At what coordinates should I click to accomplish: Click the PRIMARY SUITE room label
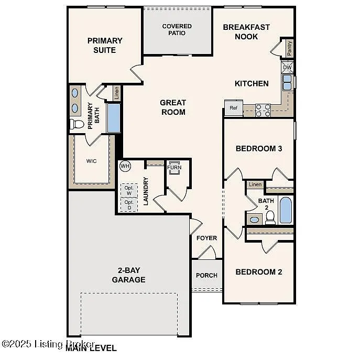105,45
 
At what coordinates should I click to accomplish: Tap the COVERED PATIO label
177,30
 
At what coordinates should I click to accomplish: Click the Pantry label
289,48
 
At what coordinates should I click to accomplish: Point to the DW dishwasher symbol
287,68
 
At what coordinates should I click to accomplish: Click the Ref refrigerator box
233,108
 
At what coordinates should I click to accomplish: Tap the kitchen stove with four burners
263,110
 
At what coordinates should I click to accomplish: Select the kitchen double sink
288,83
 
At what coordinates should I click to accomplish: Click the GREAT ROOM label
173,107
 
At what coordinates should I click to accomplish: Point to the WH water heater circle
125,166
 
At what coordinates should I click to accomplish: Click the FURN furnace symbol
174,169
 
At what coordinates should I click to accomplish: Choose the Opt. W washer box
129,190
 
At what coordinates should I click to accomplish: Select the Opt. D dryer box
129,205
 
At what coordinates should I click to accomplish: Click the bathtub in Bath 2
286,210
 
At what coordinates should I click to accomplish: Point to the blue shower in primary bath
114,118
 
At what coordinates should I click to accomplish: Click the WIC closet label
92,161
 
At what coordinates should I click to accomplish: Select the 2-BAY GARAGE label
128,275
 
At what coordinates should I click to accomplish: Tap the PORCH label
206,276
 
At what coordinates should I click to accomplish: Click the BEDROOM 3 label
259,149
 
